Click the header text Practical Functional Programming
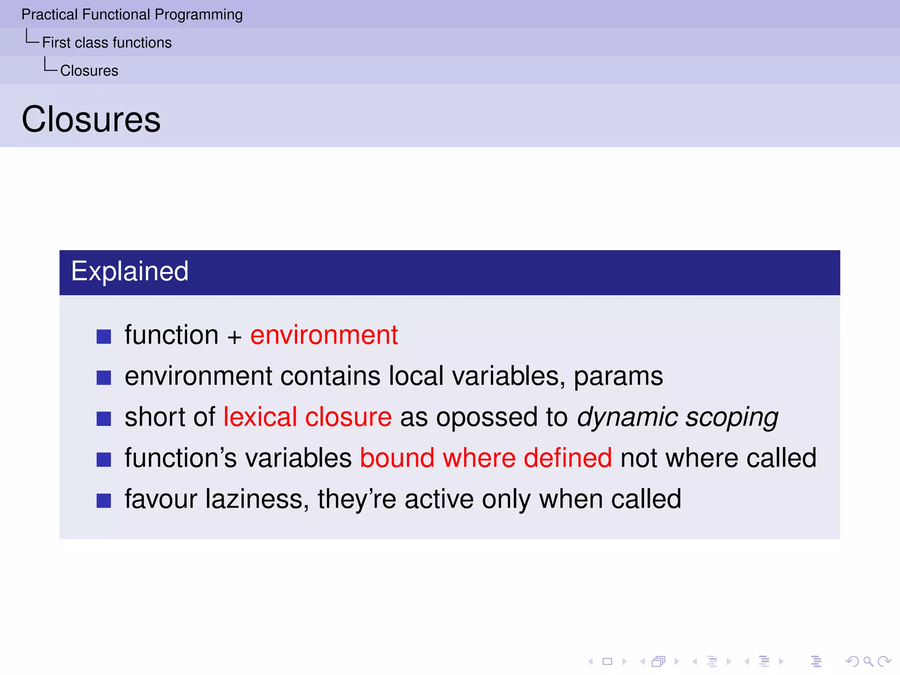click(132, 15)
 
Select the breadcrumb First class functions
click(107, 43)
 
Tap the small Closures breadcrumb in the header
click(89, 71)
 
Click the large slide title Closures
click(91, 120)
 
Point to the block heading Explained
click(130, 271)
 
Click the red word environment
click(324, 335)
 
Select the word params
click(618, 377)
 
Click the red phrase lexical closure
click(307, 417)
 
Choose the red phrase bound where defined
click(486, 458)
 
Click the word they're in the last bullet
click(357, 499)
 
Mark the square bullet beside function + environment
click(104, 337)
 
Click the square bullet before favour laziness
click(104, 501)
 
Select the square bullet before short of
click(104, 419)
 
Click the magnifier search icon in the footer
click(868, 661)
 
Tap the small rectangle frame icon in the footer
click(607, 661)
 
